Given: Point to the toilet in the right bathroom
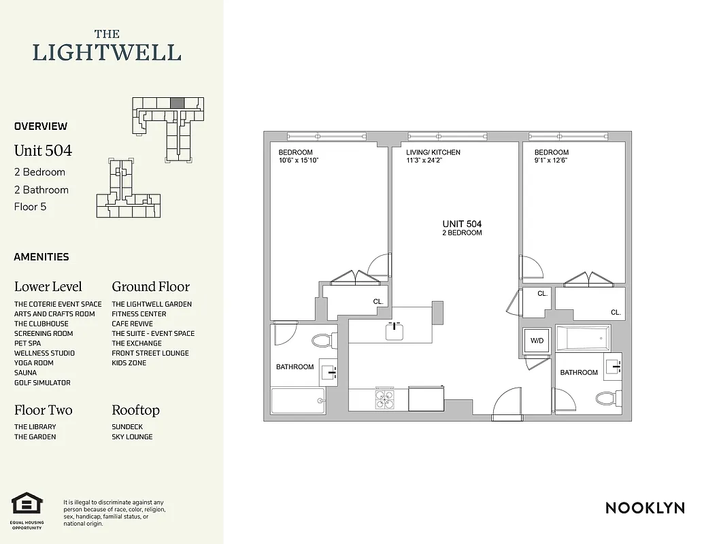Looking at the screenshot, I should click(605, 398).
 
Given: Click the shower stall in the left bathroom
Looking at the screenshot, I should click(298, 401).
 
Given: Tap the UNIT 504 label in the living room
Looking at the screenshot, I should click(462, 224).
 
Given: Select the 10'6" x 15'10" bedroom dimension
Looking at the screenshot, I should click(299, 160).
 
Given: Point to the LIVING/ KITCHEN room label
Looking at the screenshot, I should click(433, 152).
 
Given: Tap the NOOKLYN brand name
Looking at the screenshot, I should click(645, 508).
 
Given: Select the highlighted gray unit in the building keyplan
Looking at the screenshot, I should click(176, 102).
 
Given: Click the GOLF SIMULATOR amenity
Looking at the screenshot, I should click(42, 383).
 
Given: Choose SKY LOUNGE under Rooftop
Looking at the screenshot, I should click(132, 437).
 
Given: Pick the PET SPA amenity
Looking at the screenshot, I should click(27, 343).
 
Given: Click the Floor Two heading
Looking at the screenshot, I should click(43, 410).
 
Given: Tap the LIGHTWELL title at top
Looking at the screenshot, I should click(107, 52).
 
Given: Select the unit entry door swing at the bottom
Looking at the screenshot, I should click(507, 403).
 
